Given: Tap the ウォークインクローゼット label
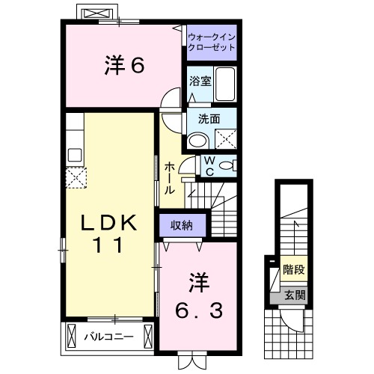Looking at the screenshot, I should [212, 41].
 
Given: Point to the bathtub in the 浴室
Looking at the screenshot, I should [224, 85].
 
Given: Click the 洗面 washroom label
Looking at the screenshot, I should [209, 118].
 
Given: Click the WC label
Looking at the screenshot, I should [209, 165].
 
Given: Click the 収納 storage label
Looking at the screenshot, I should [180, 224].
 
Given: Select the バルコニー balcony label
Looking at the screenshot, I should [108, 335].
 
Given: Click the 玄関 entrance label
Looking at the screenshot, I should [294, 295].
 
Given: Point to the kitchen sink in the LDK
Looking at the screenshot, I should [74, 156].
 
